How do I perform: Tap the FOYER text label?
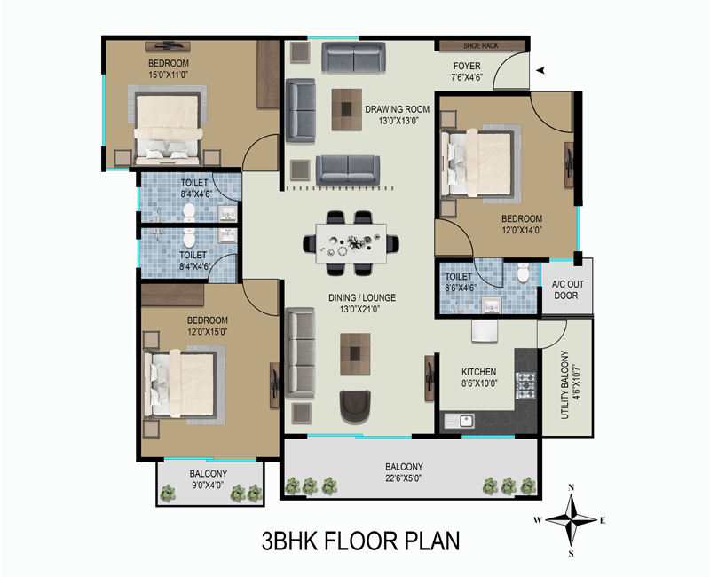coord(467,67)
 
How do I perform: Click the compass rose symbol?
coord(572,520)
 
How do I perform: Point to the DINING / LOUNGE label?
coord(359,297)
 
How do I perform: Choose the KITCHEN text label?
coord(478,372)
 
